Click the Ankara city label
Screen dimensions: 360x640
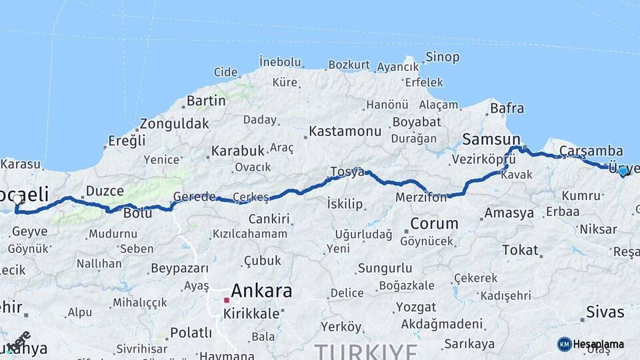tap(261, 291)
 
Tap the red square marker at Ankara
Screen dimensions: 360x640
tap(227, 300)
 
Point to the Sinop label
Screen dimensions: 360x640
tap(442, 57)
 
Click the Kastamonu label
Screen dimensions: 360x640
tap(345, 131)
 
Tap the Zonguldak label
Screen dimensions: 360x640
tap(174, 124)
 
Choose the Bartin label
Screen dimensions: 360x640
tap(206, 101)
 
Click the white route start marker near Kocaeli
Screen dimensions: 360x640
tap(17, 199)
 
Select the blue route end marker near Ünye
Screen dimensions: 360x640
tap(623, 171)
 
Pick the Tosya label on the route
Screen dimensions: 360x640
tap(347, 172)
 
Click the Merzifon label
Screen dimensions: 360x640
tap(421, 198)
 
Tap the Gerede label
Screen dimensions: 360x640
tap(194, 197)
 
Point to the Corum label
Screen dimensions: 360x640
tap(434, 223)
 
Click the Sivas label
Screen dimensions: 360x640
tap(605, 312)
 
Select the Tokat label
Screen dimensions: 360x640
tap(519, 250)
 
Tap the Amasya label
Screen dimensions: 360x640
tap(509, 213)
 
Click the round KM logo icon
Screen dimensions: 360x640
tap(564, 344)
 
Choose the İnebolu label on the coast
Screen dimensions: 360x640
tap(280, 61)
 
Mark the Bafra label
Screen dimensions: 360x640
tap(507, 108)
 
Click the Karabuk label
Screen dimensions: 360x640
tap(238, 151)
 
